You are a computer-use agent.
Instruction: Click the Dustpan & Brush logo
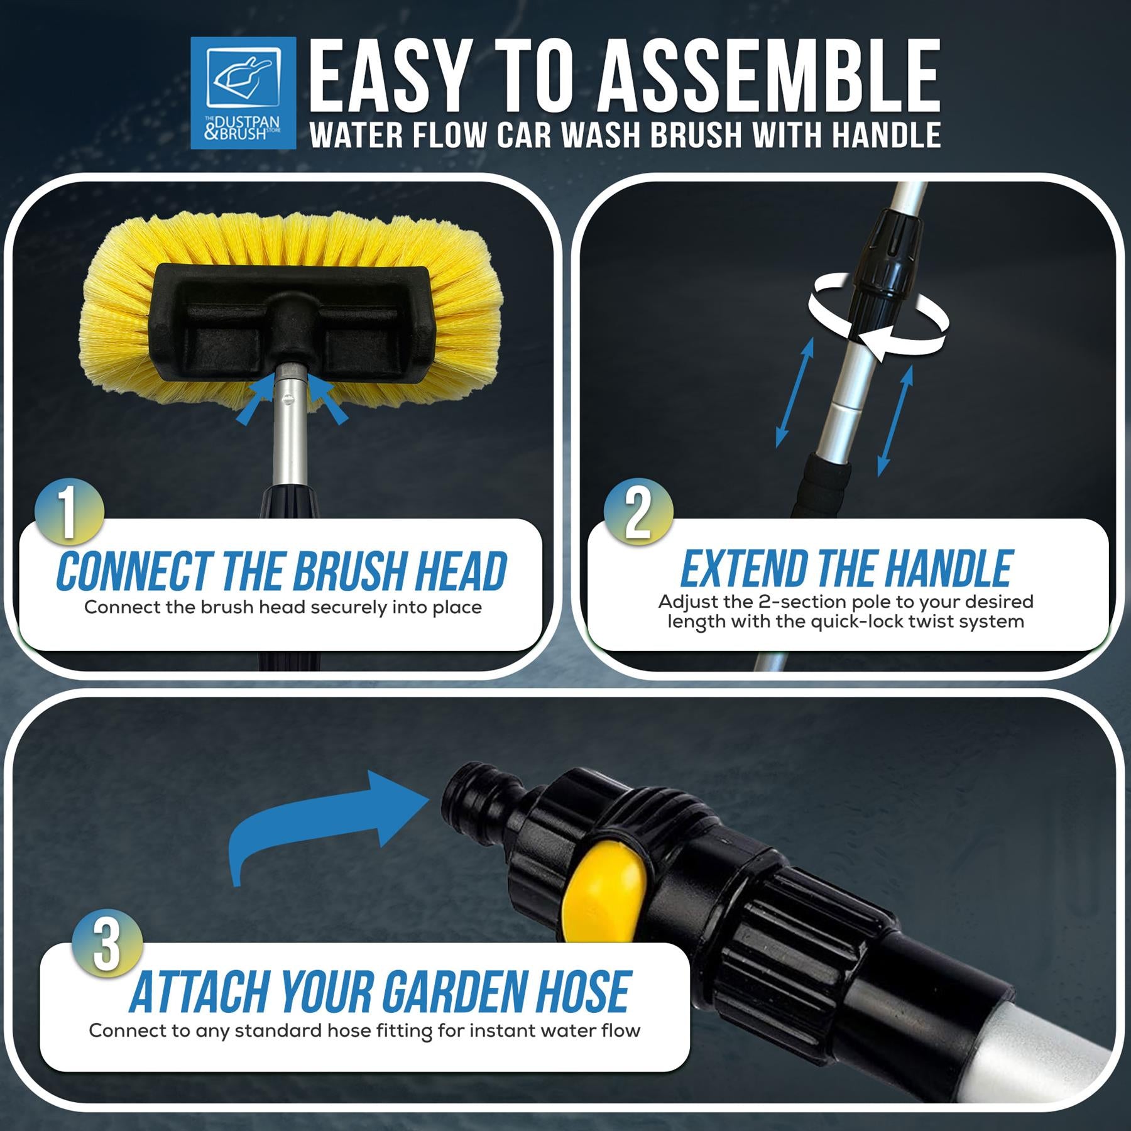[x=243, y=93]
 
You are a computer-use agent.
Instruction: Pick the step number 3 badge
[x=107, y=944]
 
